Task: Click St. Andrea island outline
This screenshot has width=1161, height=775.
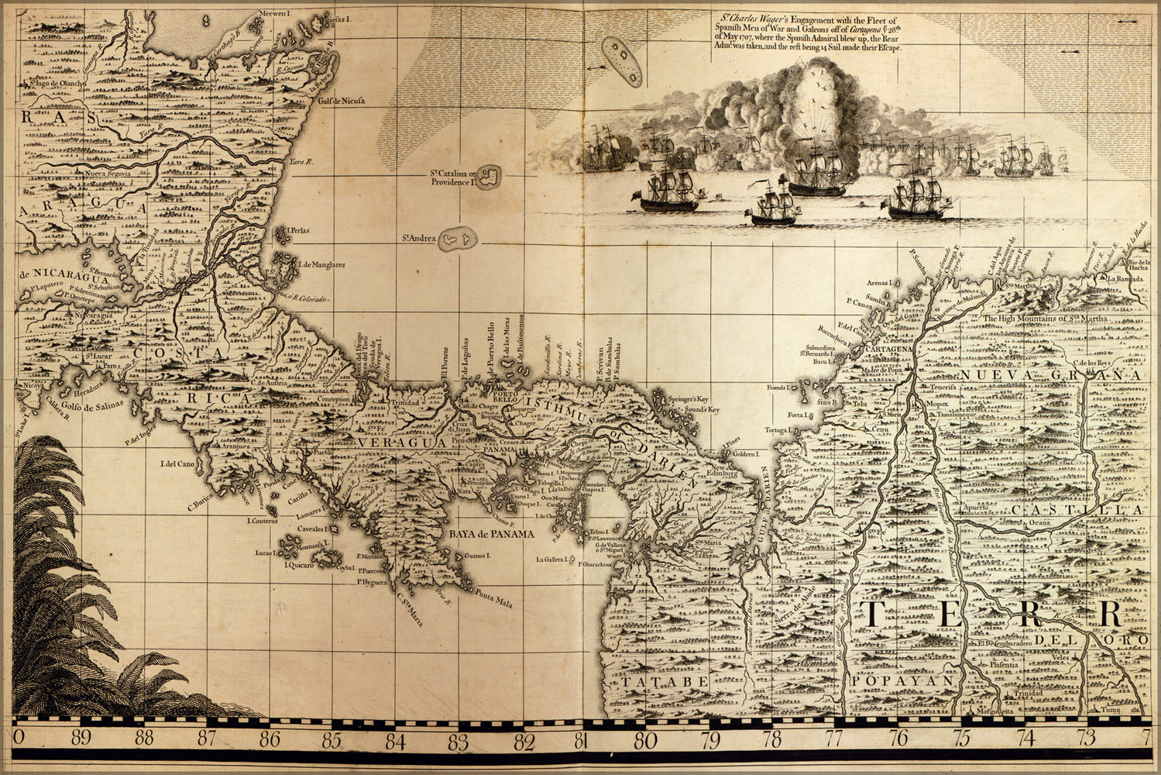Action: click(x=458, y=242)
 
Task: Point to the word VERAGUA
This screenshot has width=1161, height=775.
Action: click(x=393, y=440)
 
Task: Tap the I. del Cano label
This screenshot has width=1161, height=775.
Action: click(x=177, y=464)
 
